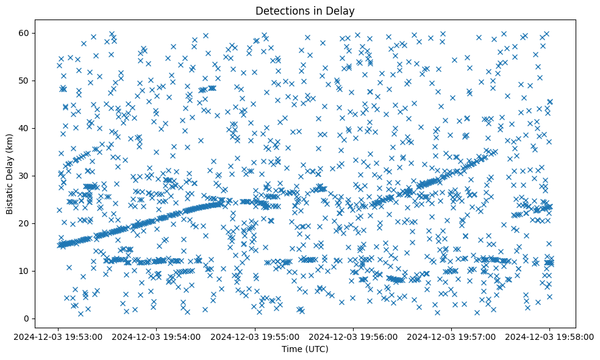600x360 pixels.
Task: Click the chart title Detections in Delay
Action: click(305, 10)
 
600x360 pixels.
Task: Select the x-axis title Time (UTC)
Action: click(305, 349)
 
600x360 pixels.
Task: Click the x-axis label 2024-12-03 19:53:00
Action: click(59, 336)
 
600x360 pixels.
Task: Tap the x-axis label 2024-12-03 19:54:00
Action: click(157, 336)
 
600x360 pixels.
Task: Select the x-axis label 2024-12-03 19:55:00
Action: click(255, 336)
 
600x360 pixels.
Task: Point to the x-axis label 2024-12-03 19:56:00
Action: click(353, 336)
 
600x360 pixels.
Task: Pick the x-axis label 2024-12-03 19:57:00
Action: click(451, 336)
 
